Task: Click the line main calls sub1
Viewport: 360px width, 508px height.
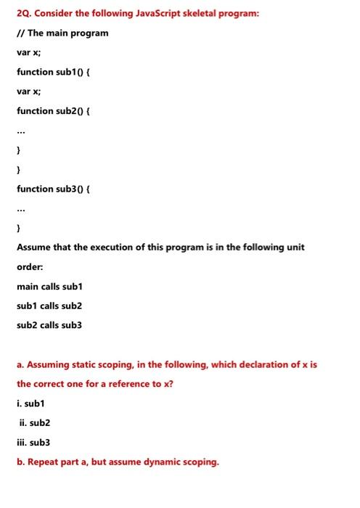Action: (x=51, y=286)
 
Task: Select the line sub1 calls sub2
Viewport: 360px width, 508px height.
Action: (x=49, y=305)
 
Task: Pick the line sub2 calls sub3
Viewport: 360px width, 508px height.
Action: (x=49, y=324)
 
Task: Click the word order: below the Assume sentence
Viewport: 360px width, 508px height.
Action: (x=30, y=266)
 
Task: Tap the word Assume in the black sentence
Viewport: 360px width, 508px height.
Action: (x=35, y=247)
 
